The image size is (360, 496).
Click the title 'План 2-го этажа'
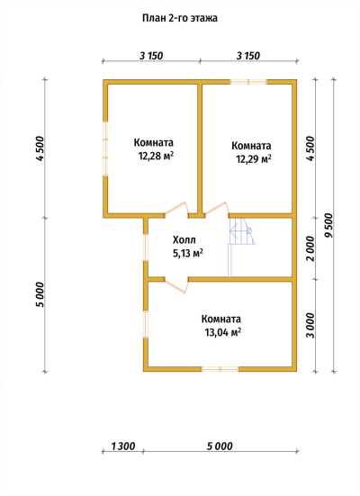tap(180, 18)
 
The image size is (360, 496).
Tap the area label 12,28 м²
tap(157, 156)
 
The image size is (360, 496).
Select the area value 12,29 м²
tap(254, 158)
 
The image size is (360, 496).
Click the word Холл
tap(184, 239)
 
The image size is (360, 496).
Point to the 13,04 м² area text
tap(223, 332)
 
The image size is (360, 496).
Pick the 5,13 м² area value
tap(187, 253)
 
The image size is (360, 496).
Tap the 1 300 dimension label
tap(123, 446)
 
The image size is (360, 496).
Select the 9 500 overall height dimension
tap(329, 225)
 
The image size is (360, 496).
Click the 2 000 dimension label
tap(311, 248)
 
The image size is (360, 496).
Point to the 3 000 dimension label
tap(311, 326)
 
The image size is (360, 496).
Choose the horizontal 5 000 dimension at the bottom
tap(220, 446)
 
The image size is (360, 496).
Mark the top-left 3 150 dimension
tap(151, 56)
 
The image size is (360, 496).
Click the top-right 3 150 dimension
tap(248, 56)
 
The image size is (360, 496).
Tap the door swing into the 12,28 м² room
tap(176, 209)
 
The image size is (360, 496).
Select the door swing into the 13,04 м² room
tap(176, 284)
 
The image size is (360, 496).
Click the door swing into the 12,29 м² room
tap(216, 209)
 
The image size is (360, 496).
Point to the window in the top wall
tap(248, 82)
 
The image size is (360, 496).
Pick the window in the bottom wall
tap(220, 369)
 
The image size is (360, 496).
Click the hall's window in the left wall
tap(146, 248)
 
